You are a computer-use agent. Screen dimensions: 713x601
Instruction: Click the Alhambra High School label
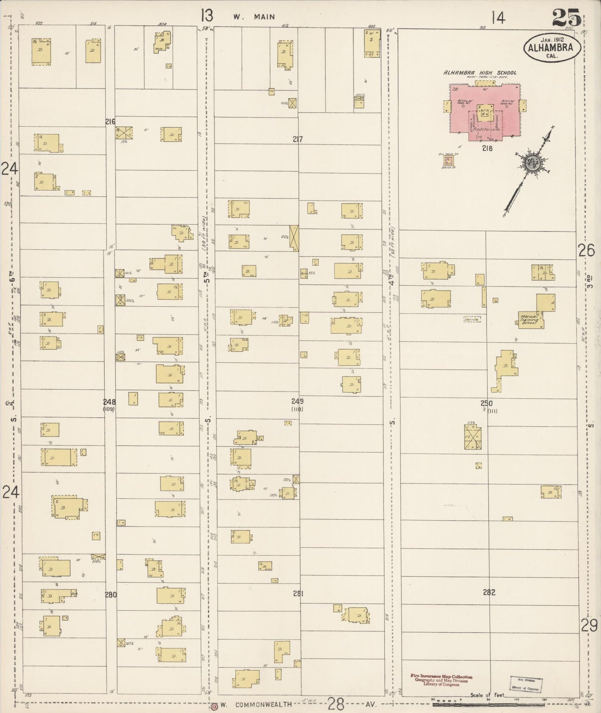tap(480, 73)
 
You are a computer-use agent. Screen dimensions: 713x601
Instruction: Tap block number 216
tap(110, 122)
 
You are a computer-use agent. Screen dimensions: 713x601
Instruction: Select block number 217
tap(297, 139)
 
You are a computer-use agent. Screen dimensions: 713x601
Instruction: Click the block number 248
tap(110, 402)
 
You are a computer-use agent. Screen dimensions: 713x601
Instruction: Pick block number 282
tap(489, 592)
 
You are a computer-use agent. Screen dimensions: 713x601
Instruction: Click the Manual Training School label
tap(529, 320)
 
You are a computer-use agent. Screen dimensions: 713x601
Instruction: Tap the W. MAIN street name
tap(254, 17)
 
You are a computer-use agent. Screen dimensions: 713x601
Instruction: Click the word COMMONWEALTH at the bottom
tap(263, 705)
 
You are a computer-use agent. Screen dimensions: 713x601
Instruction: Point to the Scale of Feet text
tap(487, 695)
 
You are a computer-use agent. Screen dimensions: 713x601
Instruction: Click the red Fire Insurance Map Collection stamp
tap(441, 680)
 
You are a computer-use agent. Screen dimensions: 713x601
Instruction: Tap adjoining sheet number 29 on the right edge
tap(589, 625)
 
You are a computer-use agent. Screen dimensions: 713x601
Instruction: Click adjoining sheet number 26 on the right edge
tap(586, 251)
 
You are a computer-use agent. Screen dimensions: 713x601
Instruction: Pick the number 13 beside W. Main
tap(206, 16)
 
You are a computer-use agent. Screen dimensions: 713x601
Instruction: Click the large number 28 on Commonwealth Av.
tap(336, 704)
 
